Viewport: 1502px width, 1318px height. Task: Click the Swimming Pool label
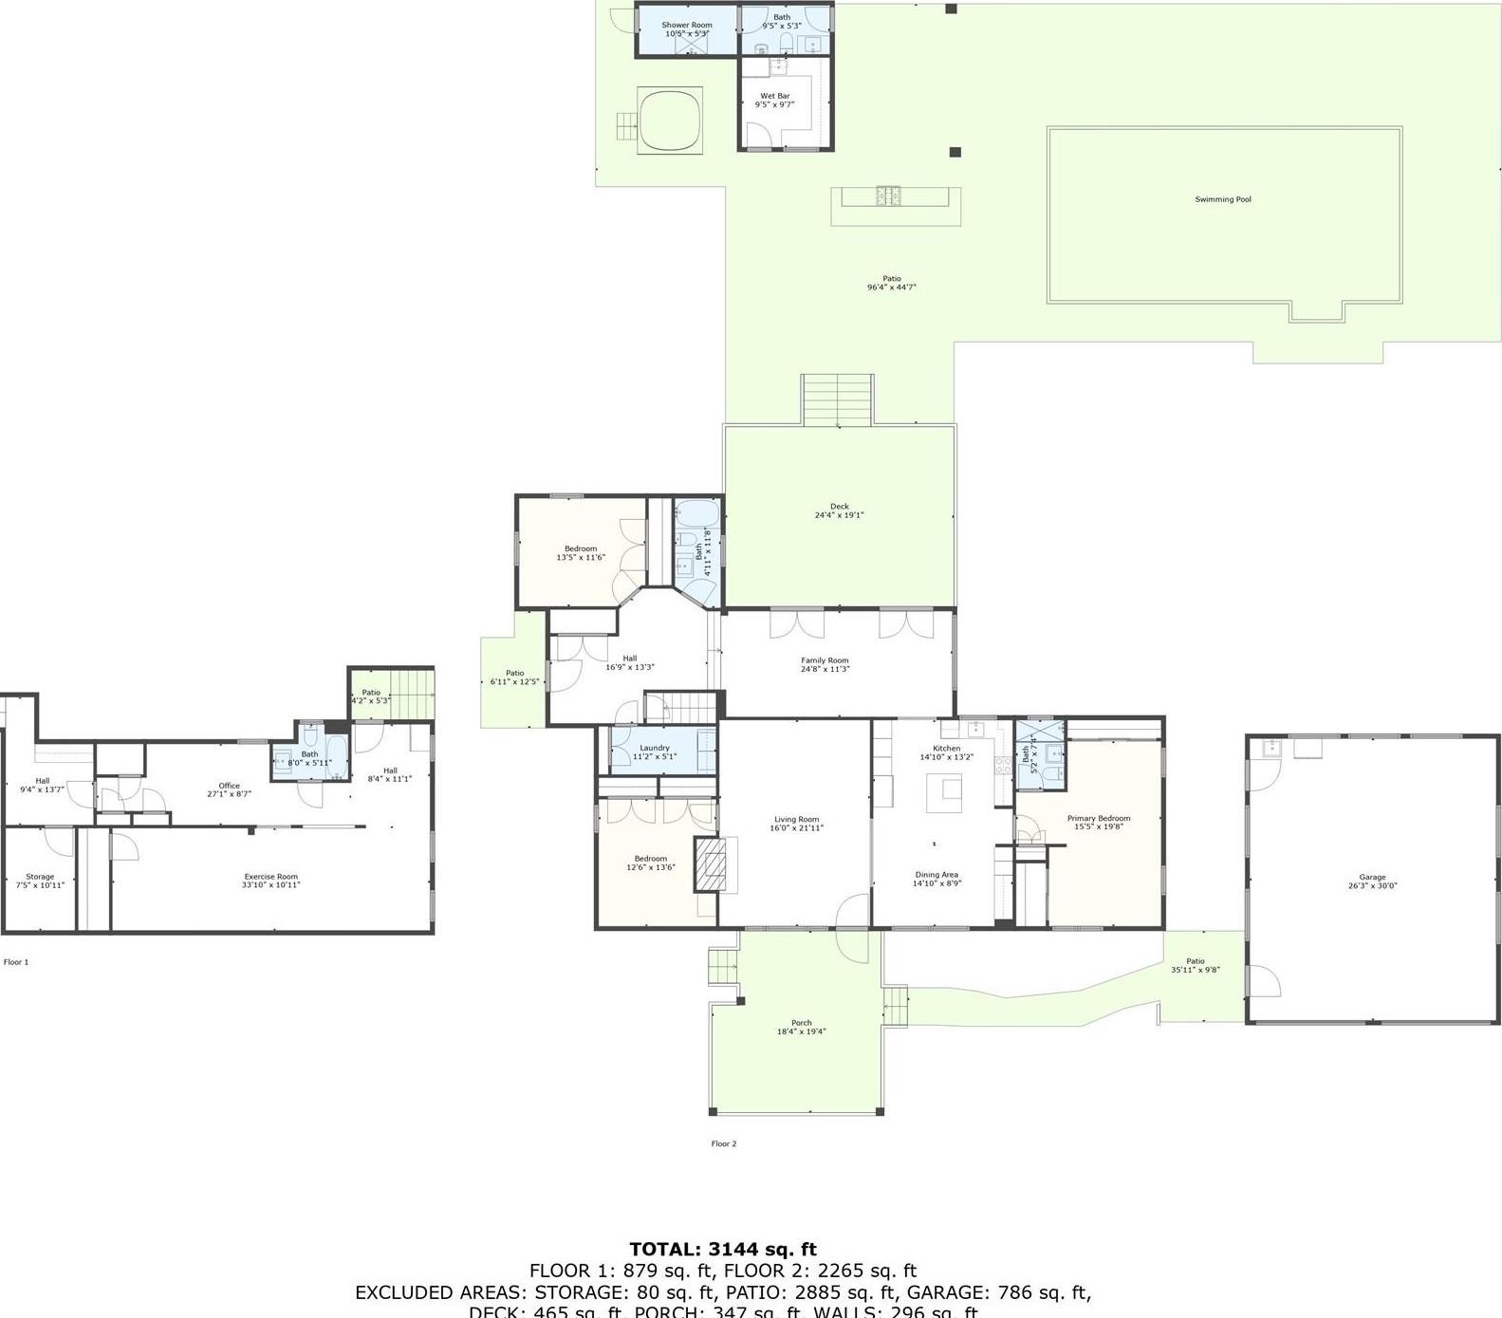pyautogui.click(x=1222, y=199)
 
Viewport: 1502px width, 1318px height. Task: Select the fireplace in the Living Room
pyautogui.click(x=714, y=864)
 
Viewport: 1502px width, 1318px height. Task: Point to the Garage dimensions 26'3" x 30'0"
pyautogui.click(x=1372, y=886)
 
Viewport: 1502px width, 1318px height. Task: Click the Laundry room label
pyautogui.click(x=654, y=748)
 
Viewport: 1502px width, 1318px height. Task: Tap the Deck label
pyautogui.click(x=839, y=507)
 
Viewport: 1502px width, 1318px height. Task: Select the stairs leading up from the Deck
pyautogui.click(x=838, y=399)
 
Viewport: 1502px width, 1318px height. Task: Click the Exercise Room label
pyautogui.click(x=271, y=877)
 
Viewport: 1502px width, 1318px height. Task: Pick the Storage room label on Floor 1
pyautogui.click(x=40, y=877)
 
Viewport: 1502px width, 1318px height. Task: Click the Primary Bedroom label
pyautogui.click(x=1099, y=818)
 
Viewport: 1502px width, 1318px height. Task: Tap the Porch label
pyautogui.click(x=801, y=1023)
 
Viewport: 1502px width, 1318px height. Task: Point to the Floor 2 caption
pyautogui.click(x=723, y=1143)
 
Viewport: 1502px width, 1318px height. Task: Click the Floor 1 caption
pyautogui.click(x=16, y=962)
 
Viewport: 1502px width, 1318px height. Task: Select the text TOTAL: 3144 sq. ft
pyautogui.click(x=723, y=1250)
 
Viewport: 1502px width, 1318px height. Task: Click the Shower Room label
pyautogui.click(x=686, y=25)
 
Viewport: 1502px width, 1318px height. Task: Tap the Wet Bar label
pyautogui.click(x=774, y=96)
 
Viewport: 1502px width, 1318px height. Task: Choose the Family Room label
pyautogui.click(x=825, y=660)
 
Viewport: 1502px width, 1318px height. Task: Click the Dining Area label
pyautogui.click(x=936, y=875)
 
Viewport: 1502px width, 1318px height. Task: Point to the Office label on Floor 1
pyautogui.click(x=229, y=786)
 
